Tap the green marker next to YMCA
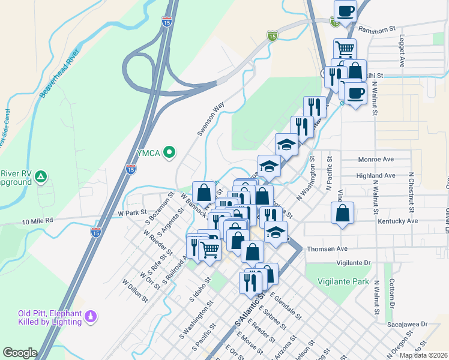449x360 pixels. [169, 152]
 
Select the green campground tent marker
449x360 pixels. [41, 176]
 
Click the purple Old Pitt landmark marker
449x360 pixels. [91, 316]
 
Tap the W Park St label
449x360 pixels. [133, 213]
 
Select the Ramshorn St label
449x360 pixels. [376, 28]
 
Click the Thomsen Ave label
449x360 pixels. [327, 248]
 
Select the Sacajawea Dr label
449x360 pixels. [406, 324]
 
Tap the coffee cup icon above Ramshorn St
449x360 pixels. [346, 11]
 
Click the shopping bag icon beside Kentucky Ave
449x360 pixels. [342, 213]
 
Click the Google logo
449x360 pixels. [20, 353]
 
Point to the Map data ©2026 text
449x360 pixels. [423, 355]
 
